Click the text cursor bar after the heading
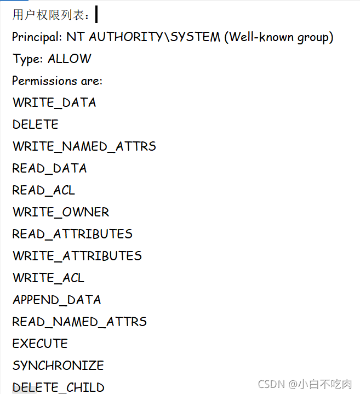pos(96,14)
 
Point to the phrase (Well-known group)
pos(278,37)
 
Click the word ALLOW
pos(70,59)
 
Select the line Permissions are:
pos(58,81)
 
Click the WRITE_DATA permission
pos(54,102)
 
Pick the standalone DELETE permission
pos(36,124)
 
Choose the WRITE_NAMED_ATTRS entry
pos(84,146)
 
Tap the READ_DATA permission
pos(50,168)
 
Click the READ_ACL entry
pos(44,190)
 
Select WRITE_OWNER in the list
pos(61,212)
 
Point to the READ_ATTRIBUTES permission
pos(72,234)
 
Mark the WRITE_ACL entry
pos(49,278)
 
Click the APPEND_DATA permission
pos(57,300)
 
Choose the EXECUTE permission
pos(40,344)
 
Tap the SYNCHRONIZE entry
pos(58,366)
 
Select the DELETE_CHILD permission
pos(59,387)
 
